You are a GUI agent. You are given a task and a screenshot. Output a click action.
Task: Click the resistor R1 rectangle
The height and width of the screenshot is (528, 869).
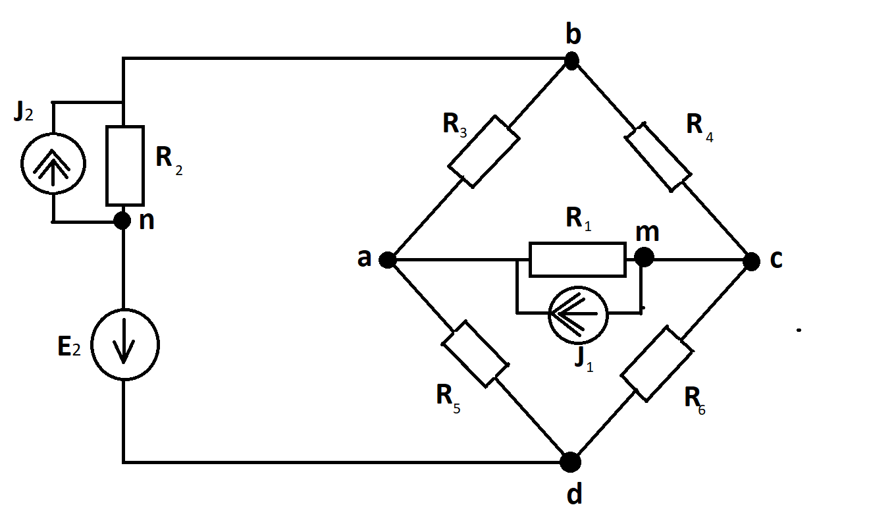(577, 259)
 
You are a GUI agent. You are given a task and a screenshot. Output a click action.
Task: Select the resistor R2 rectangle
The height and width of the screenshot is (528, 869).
(124, 165)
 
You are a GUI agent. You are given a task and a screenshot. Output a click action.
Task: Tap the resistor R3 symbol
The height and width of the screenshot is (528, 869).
(484, 151)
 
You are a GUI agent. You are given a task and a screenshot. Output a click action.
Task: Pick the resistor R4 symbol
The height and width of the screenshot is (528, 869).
(658, 156)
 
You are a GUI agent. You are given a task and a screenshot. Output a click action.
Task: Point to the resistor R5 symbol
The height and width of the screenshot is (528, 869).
(475, 354)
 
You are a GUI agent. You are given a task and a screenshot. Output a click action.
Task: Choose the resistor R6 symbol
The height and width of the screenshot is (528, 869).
(656, 364)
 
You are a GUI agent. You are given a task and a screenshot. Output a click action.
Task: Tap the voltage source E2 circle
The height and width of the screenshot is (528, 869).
(124, 344)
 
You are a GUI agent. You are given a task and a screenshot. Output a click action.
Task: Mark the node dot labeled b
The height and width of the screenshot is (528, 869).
(571, 62)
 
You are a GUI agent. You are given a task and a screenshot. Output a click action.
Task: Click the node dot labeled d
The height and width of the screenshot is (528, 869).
(571, 462)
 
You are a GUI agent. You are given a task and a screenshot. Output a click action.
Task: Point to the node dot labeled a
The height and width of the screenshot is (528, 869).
(387, 260)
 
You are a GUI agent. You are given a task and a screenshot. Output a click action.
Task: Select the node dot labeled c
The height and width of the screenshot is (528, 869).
(751, 261)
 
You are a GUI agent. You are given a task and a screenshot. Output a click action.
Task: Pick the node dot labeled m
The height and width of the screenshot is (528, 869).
(643, 257)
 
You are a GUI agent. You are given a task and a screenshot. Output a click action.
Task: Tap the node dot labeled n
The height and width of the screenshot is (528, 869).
(122, 220)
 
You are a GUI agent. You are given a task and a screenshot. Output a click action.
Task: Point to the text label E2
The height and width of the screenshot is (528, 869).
(68, 347)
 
